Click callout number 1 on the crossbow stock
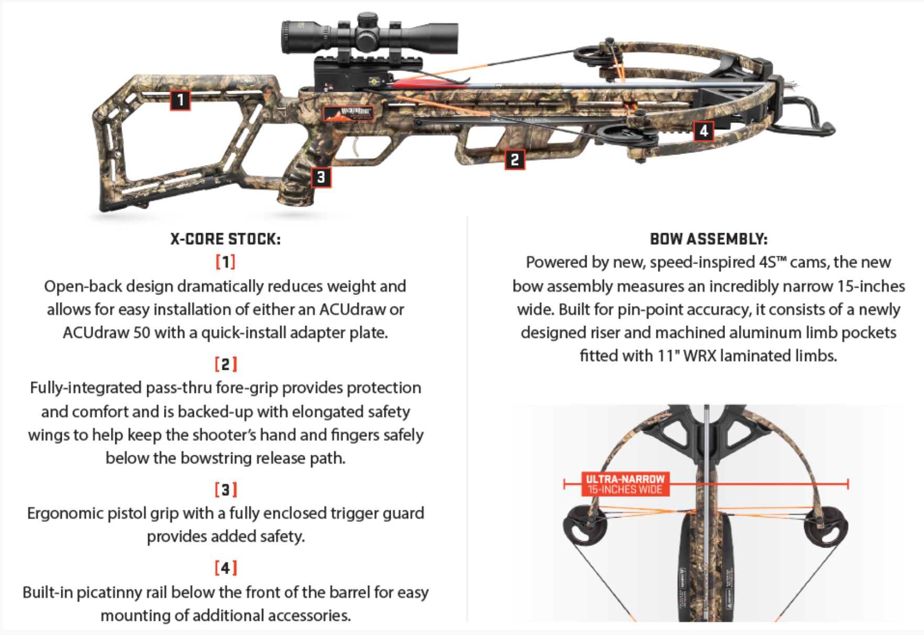180,100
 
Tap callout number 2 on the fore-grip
514,159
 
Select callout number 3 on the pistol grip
321,177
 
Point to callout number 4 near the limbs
703,130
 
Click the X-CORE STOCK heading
225,239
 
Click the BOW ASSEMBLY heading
708,239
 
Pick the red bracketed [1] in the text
225,261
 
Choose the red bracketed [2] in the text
225,364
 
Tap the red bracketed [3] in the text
225,489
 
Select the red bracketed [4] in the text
225,567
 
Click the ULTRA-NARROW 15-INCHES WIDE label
624,484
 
